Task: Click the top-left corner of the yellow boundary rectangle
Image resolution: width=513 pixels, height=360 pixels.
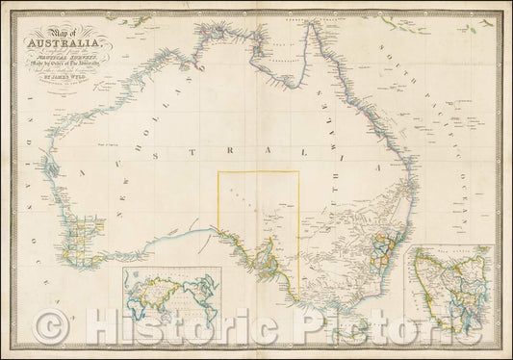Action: pos(218,172)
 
